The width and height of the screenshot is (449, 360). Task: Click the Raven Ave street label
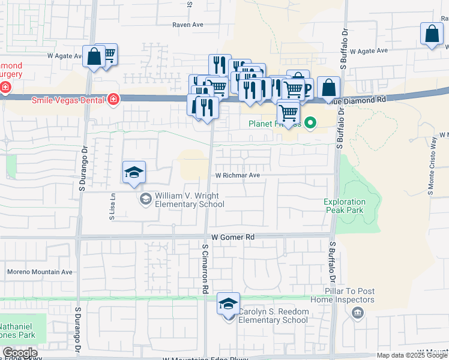coord(188,25)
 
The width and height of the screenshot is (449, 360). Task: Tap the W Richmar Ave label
coord(238,176)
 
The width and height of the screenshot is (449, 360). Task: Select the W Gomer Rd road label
coord(233,238)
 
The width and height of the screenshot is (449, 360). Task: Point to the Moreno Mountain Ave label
coord(40,272)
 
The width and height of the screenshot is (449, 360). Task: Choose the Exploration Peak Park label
coord(345,206)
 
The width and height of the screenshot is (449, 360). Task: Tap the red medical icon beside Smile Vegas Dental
coord(113,99)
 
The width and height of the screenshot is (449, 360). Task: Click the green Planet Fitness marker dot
coord(310,124)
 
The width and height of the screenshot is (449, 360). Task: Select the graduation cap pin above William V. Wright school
coord(134,173)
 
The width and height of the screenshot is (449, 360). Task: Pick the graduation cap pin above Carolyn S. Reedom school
coord(228,304)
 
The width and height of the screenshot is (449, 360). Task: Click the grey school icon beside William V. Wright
coord(145,199)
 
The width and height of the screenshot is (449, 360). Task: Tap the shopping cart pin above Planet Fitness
coord(289,112)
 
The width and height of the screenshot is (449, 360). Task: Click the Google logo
coord(20,353)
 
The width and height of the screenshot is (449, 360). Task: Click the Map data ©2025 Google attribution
coord(412,355)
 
